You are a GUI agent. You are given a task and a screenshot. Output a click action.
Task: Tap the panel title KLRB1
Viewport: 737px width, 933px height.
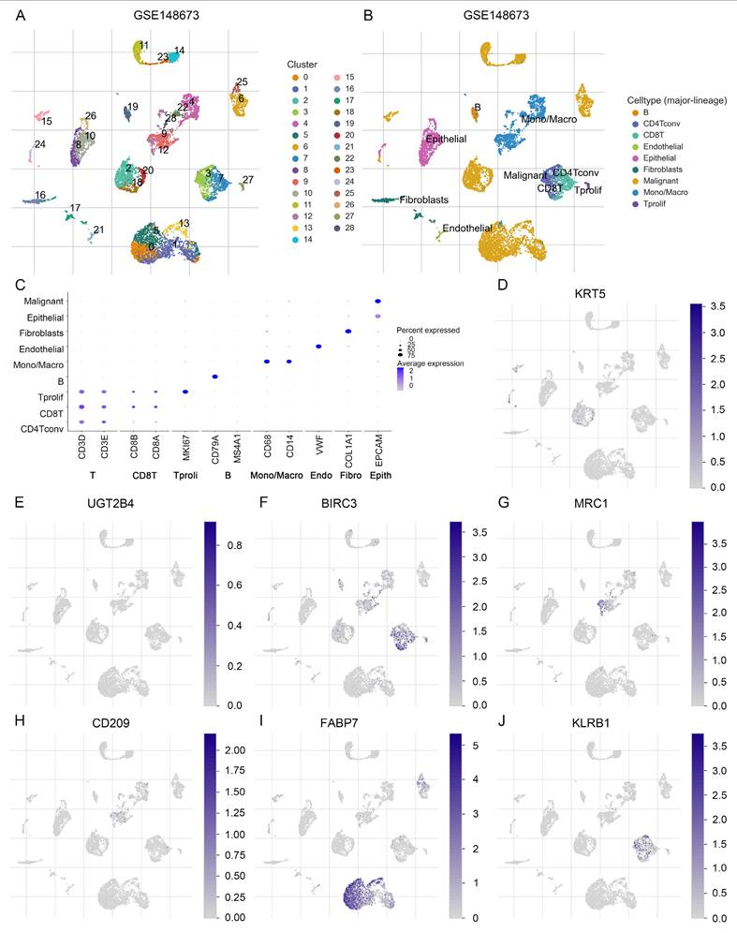589,723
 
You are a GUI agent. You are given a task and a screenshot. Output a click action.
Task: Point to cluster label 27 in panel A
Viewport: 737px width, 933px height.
247,179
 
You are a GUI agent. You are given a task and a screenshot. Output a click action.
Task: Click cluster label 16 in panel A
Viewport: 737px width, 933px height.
40,196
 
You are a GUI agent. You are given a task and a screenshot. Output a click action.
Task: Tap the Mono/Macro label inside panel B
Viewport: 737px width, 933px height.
550,119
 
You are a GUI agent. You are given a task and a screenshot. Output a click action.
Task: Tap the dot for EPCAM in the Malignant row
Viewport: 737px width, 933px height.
377,301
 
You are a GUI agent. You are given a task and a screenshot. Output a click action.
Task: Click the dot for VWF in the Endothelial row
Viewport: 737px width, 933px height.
319,347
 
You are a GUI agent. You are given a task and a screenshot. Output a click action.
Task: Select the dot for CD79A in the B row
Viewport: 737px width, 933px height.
214,377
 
